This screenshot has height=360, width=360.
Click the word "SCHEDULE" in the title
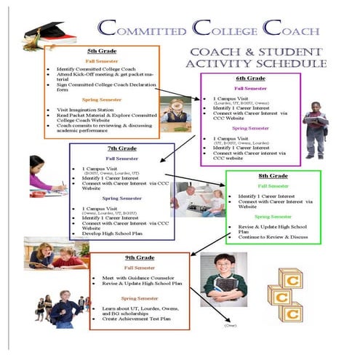293,65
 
